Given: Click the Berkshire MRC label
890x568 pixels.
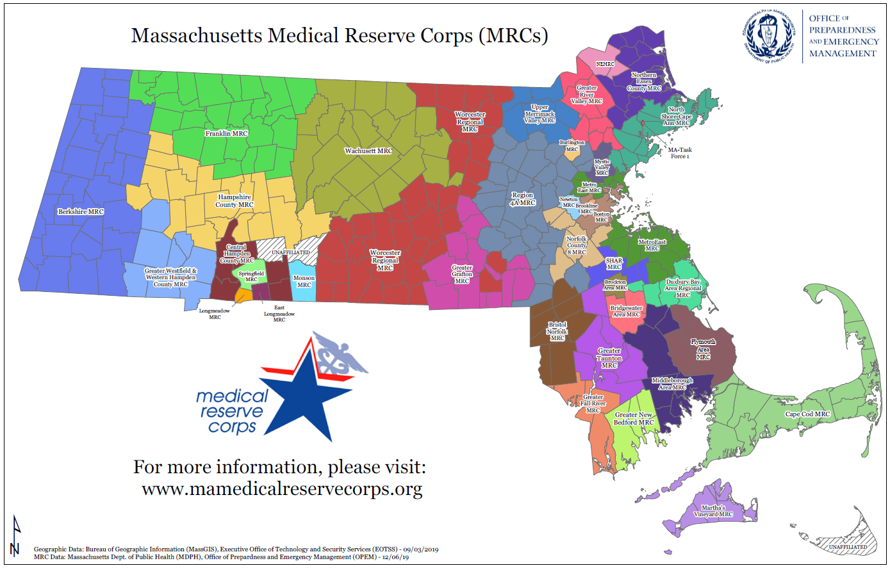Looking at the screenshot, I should pos(81,211).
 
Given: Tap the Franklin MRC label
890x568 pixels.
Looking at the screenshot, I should pos(226,133).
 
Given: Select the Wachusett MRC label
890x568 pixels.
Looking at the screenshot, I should pos(368,151).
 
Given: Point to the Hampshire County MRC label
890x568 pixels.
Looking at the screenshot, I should pos(235,201).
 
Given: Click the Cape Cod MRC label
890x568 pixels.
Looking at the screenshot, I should pos(807,414).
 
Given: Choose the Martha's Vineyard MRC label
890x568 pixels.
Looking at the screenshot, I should pos(713,511).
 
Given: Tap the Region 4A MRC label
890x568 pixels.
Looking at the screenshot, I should pos(522,199).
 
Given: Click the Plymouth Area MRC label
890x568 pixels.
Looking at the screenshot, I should pos(703,349).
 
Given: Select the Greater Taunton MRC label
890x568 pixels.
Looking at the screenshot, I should pos(609,358).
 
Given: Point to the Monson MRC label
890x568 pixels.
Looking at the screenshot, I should pos(304,282).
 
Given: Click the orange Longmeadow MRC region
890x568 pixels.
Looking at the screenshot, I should pos(243,296).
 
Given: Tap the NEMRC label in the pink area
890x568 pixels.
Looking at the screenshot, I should pos(605,64).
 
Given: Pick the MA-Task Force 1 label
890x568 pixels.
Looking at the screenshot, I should pos(680,153).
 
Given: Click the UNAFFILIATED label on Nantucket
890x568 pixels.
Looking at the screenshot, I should pos(848,548).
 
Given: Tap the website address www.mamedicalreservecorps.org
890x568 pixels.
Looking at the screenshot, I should pos(282,489).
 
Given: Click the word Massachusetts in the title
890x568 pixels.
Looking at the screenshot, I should pos(196,35).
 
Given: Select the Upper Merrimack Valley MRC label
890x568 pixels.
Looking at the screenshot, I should pos(540,114).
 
